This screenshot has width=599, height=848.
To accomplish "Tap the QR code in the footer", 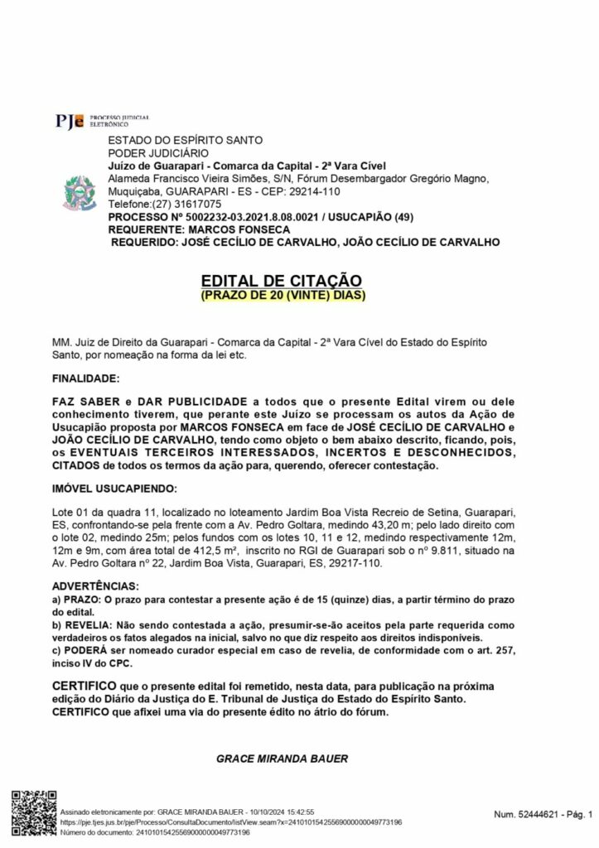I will [x=32, y=815].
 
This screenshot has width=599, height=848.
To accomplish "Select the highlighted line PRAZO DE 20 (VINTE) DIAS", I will [x=283, y=295].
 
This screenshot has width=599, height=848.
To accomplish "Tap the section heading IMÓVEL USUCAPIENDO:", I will [x=114, y=489].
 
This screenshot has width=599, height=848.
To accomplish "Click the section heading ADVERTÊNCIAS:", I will [x=94, y=586].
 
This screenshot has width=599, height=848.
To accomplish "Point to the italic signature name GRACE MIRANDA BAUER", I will [x=281, y=758].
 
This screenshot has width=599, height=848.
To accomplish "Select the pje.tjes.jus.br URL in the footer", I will [x=231, y=822].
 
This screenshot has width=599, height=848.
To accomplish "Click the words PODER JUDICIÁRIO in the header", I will [x=153, y=154].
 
